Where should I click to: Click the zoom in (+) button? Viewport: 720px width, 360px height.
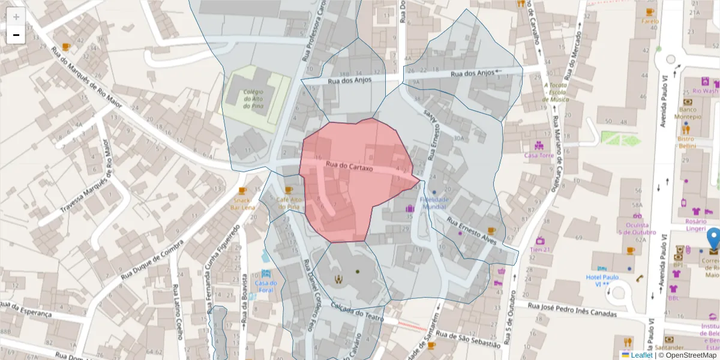pyautogui.click(x=16, y=17)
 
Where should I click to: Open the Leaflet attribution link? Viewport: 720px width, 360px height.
pyautogui.click(x=637, y=355)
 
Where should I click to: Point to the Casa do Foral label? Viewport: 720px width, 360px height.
pyautogui.click(x=266, y=286)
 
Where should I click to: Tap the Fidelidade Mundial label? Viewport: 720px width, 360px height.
pyautogui.click(x=433, y=203)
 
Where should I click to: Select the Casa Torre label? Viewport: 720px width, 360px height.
pyautogui.click(x=538, y=155)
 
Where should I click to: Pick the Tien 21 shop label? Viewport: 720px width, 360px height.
pyautogui.click(x=540, y=249)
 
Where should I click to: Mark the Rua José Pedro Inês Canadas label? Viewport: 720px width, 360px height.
pyautogui.click(x=572, y=310)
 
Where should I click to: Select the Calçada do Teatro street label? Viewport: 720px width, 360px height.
pyautogui.click(x=356, y=311)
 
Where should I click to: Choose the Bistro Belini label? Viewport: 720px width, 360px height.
pyautogui.click(x=686, y=142)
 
